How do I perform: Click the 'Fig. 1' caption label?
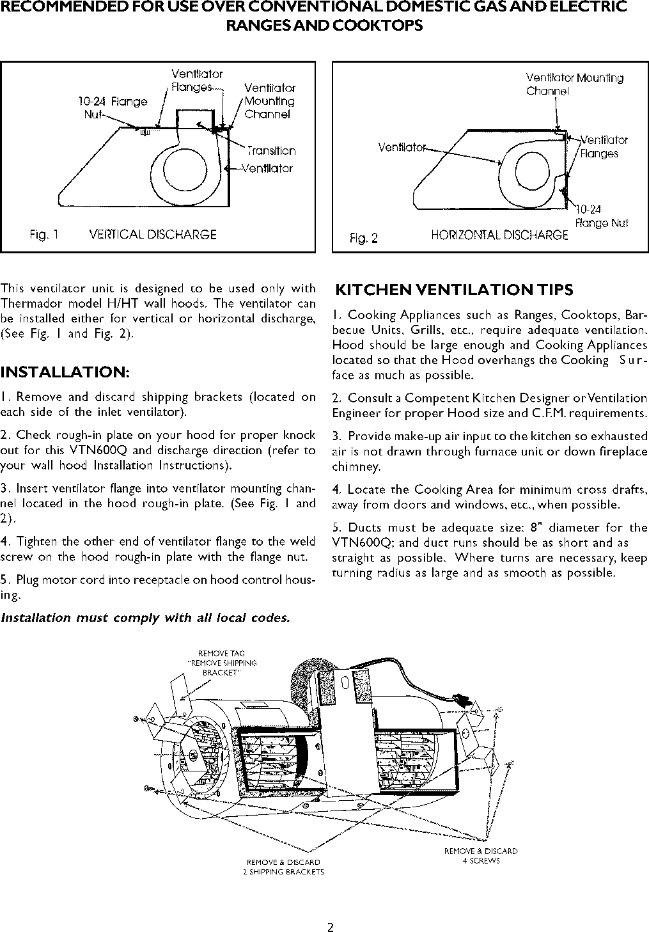pyautogui.click(x=44, y=235)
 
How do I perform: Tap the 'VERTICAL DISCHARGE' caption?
pyautogui.click(x=153, y=235)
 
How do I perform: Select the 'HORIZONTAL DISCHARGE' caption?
pyautogui.click(x=499, y=235)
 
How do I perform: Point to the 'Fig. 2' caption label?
pyautogui.click(x=364, y=239)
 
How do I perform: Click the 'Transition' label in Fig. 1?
pyautogui.click(x=272, y=151)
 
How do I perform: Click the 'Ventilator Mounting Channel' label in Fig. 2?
pyautogui.click(x=574, y=84)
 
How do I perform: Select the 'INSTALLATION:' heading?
pyautogui.click(x=65, y=372)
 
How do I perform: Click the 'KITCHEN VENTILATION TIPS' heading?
pyautogui.click(x=455, y=290)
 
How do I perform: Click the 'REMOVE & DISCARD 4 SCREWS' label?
pyautogui.click(x=481, y=856)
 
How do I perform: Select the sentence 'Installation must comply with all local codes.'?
pyautogui.click(x=145, y=618)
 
